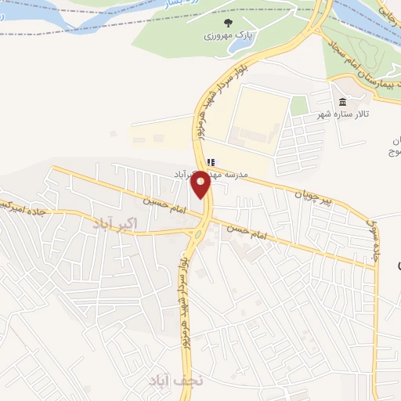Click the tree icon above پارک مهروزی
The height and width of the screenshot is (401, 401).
pyautogui.click(x=228, y=23)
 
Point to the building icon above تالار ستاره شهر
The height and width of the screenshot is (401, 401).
pyautogui.click(x=342, y=103)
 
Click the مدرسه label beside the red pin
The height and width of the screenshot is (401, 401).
pyautogui.click(x=235, y=175)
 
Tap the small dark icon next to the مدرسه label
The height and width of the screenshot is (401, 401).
pyautogui.click(x=210, y=163)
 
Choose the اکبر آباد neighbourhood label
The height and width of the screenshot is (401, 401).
pyautogui.click(x=114, y=223)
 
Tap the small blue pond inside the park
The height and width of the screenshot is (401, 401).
pyautogui.click(x=235, y=47)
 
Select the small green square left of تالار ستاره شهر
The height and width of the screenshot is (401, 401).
pyautogui.click(x=298, y=106)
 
